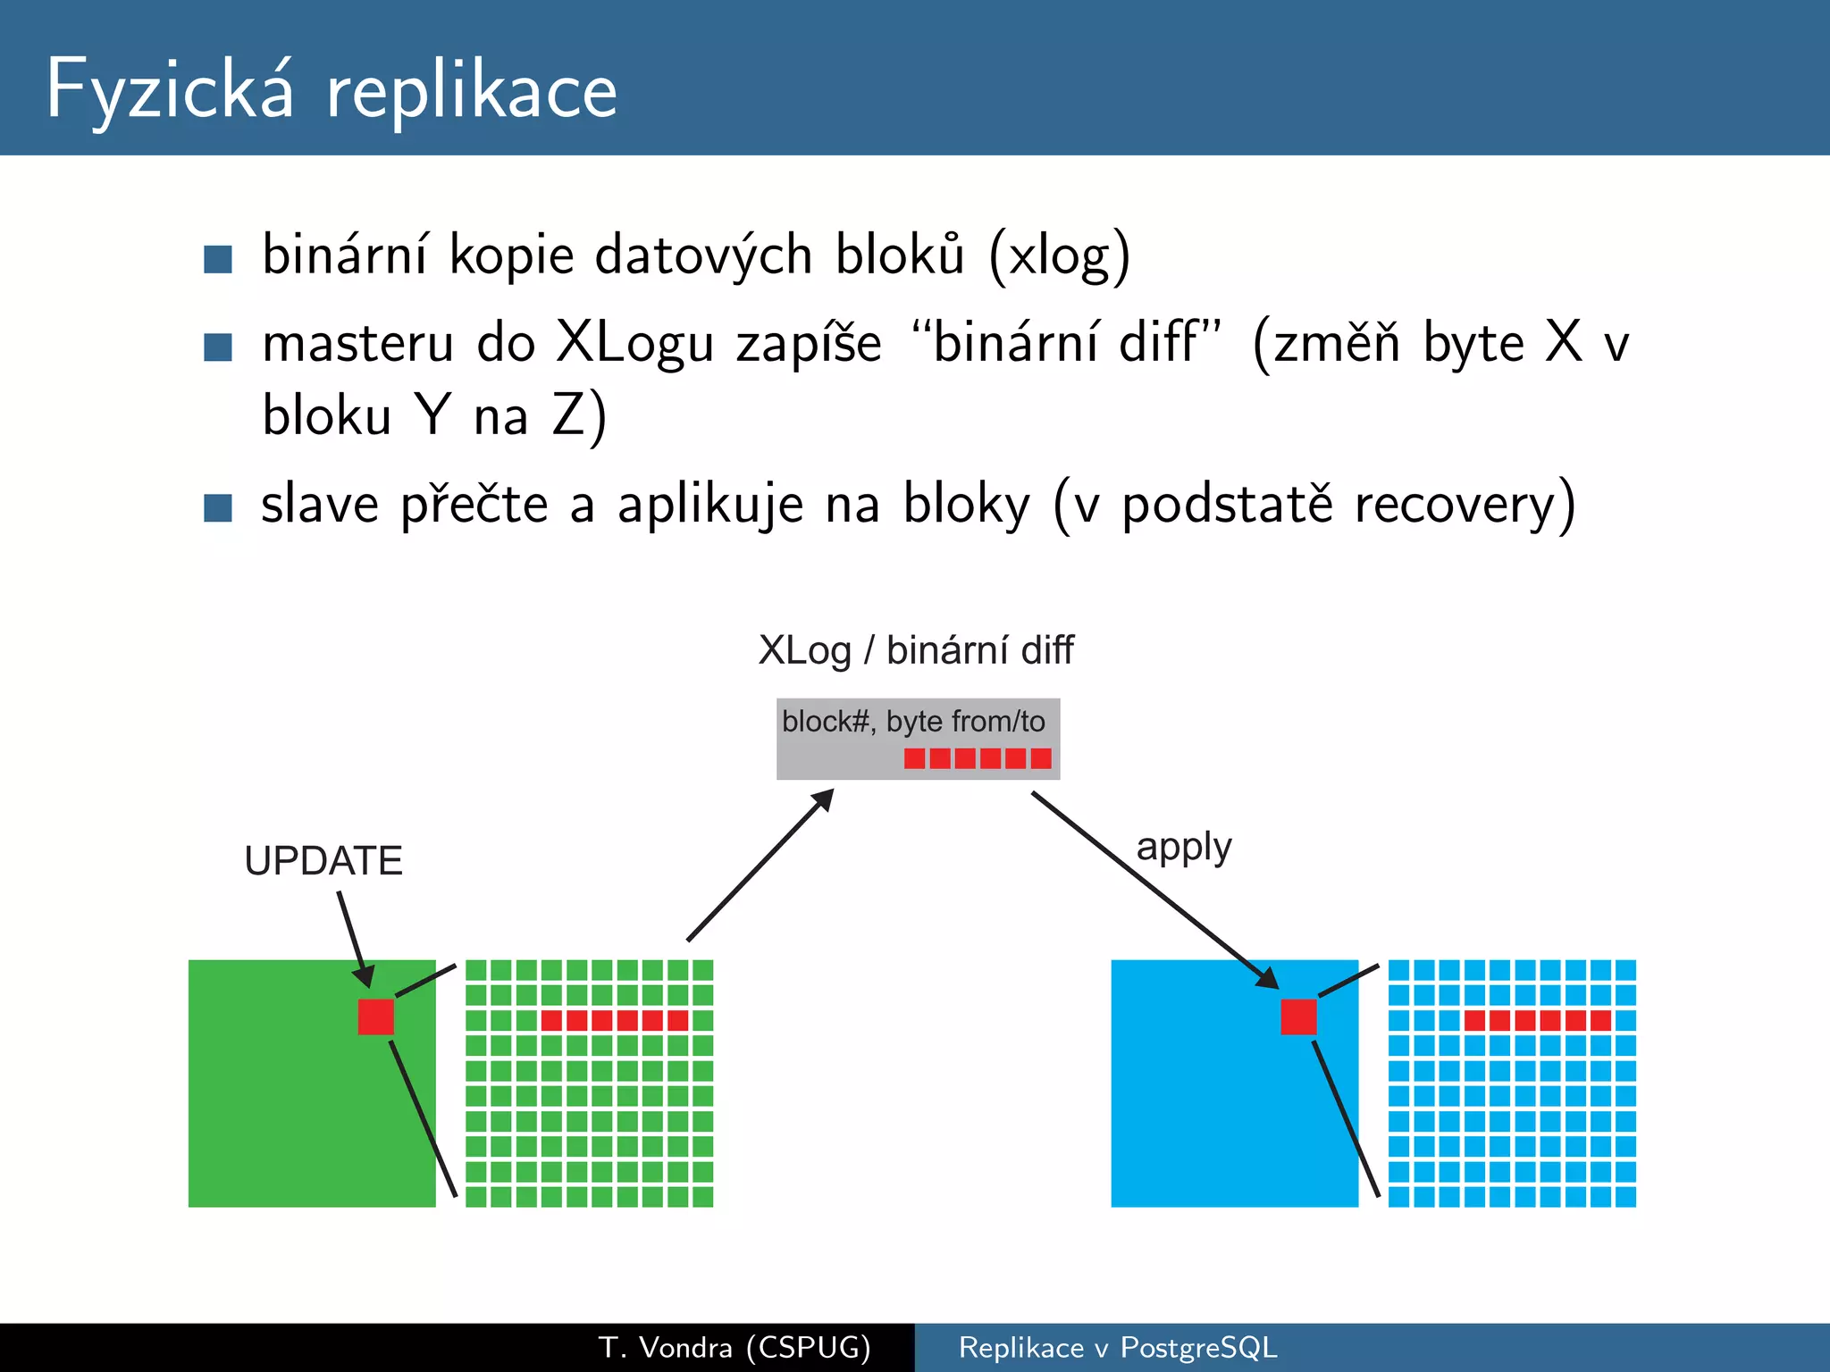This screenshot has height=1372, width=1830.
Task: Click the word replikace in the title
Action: [x=471, y=93]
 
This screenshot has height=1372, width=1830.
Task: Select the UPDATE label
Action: [x=323, y=861]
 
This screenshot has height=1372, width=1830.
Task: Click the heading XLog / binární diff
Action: [x=916, y=650]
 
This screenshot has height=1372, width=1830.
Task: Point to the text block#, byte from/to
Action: [x=913, y=721]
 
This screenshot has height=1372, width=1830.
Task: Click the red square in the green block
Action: [x=376, y=1016]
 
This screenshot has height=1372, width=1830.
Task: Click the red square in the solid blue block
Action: [x=1298, y=1016]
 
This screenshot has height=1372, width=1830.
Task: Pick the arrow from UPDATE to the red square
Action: [x=355, y=938]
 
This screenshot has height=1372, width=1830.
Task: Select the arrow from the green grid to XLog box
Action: [x=760, y=865]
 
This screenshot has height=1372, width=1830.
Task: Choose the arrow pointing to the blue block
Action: [x=1153, y=889]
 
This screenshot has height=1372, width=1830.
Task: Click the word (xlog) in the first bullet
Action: [x=1060, y=255]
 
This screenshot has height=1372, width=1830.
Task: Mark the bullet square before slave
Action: [x=218, y=507]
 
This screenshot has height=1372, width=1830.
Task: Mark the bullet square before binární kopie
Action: [x=218, y=259]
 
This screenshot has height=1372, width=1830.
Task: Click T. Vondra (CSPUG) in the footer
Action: [x=735, y=1347]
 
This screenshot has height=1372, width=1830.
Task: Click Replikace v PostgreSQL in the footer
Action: [x=1117, y=1347]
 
